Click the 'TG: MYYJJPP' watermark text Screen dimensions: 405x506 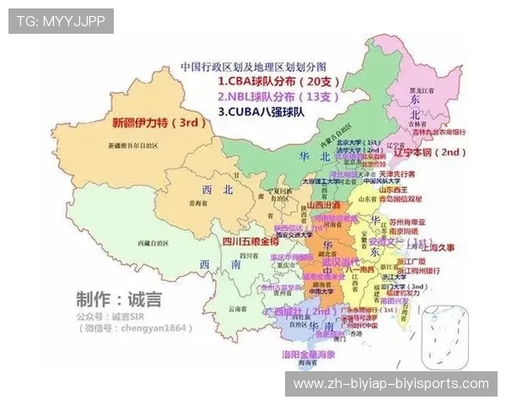coord(60,20)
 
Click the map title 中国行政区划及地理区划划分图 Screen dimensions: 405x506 coord(253,66)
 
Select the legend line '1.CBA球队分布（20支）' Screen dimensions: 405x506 coord(278,82)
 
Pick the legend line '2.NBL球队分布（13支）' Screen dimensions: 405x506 coord(278,96)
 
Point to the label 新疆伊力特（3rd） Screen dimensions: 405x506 coord(159,122)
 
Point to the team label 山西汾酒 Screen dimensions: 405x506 coord(323,205)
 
